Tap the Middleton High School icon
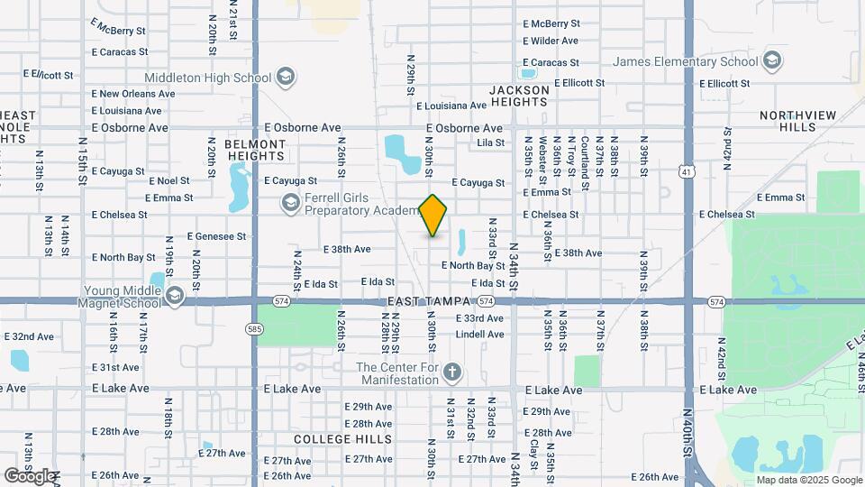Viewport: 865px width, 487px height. tap(286, 78)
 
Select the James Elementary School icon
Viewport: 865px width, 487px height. tap(771, 61)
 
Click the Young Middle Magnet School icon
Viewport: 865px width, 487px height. tap(175, 297)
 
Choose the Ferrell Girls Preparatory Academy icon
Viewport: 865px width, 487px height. tap(290, 205)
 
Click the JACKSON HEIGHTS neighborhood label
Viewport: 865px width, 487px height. tap(519, 96)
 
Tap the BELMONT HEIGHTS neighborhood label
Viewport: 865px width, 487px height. tap(255, 150)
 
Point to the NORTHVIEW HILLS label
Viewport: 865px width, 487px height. tap(797, 121)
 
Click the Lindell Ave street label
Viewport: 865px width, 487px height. tap(479, 334)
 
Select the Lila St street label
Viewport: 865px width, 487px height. tap(491, 142)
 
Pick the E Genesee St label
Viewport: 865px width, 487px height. tap(216, 236)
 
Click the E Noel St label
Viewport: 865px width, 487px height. tap(169, 181)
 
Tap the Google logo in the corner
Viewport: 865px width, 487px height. tap(29, 475)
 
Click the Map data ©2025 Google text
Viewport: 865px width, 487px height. tap(809, 480)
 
